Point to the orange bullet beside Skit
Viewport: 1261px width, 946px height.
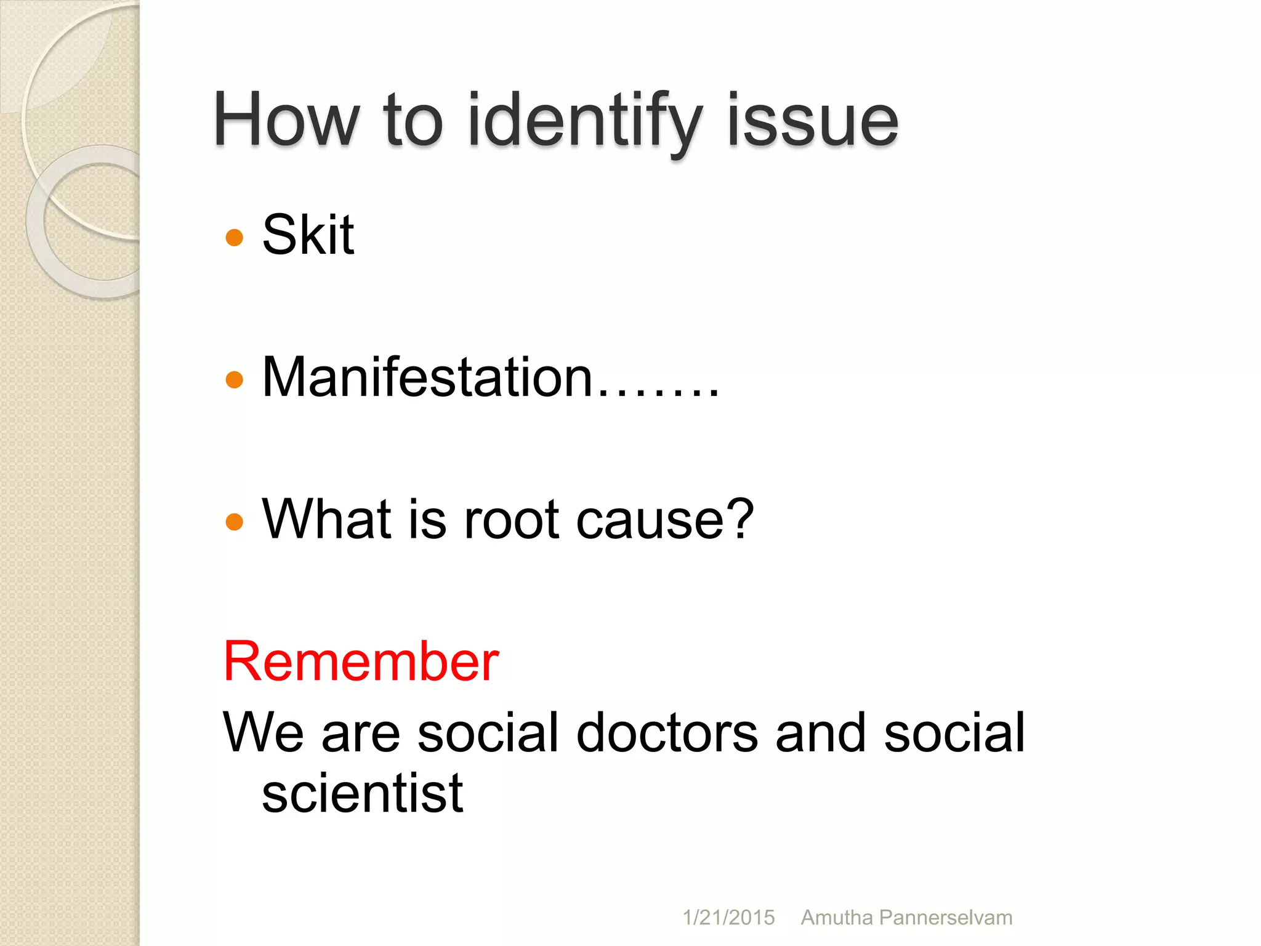click(x=235, y=237)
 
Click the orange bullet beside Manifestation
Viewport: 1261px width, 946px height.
click(x=235, y=379)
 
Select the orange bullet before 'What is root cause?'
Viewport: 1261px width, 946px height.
click(x=235, y=522)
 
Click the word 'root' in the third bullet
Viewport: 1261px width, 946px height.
click(x=511, y=520)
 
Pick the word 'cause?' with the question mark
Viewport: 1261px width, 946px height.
click(x=665, y=520)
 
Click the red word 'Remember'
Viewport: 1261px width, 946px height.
click(x=361, y=661)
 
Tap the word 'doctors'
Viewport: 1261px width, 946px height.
click(x=667, y=732)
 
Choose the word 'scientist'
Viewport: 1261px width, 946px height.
click(x=362, y=793)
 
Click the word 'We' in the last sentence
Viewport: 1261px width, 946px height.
click(x=263, y=732)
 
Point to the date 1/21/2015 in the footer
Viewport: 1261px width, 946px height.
click(x=728, y=918)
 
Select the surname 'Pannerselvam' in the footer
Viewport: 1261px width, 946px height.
click(x=946, y=918)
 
